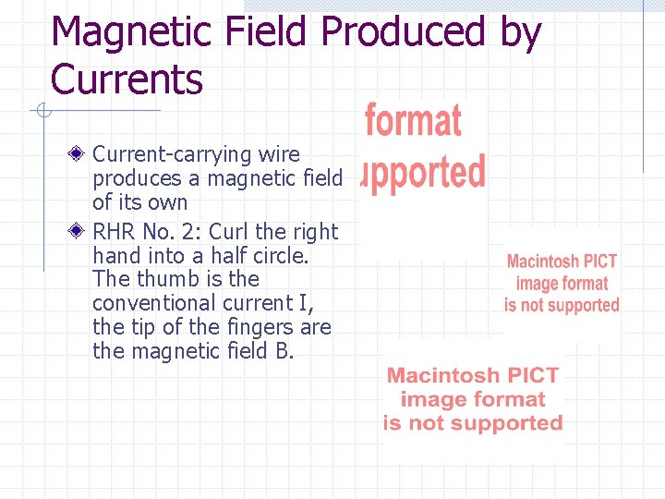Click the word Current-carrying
point(160,153)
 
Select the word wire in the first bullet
point(279,153)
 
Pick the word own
point(166,201)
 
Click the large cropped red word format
point(413,122)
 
